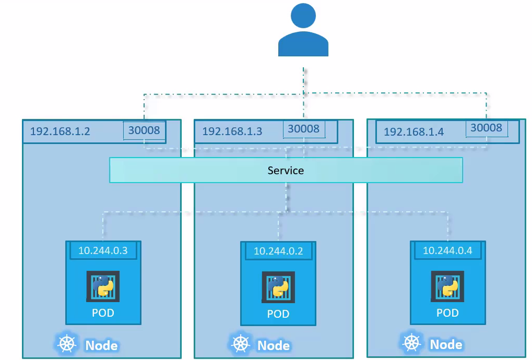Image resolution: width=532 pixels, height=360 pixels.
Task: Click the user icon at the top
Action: click(303, 30)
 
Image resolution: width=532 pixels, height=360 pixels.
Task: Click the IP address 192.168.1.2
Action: click(60, 131)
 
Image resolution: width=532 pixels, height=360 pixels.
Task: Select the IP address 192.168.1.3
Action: click(232, 131)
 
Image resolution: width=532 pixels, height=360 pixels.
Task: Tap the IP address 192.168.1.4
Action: click(413, 131)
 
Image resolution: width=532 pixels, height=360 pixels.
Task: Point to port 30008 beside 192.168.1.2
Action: click(144, 130)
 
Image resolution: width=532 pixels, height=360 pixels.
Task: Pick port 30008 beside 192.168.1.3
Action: click(303, 129)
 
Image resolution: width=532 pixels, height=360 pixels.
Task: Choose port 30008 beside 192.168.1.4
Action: click(486, 128)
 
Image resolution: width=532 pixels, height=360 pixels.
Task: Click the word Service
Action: click(286, 171)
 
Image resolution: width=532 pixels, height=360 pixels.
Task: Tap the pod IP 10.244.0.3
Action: click(103, 250)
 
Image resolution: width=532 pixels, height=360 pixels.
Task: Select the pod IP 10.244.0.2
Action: click(278, 251)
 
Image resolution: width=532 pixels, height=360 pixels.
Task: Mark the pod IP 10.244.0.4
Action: click(447, 250)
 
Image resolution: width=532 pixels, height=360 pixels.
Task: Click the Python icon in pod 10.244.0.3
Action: click(103, 286)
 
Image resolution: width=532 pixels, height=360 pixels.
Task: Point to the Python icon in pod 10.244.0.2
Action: click(278, 287)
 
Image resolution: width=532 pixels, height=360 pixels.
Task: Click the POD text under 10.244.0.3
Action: click(103, 313)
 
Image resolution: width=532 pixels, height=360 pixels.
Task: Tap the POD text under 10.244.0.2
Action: click(278, 314)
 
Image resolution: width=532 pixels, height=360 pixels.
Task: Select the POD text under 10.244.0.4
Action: click(447, 313)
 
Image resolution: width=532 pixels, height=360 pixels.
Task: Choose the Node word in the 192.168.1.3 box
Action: click(274, 345)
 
